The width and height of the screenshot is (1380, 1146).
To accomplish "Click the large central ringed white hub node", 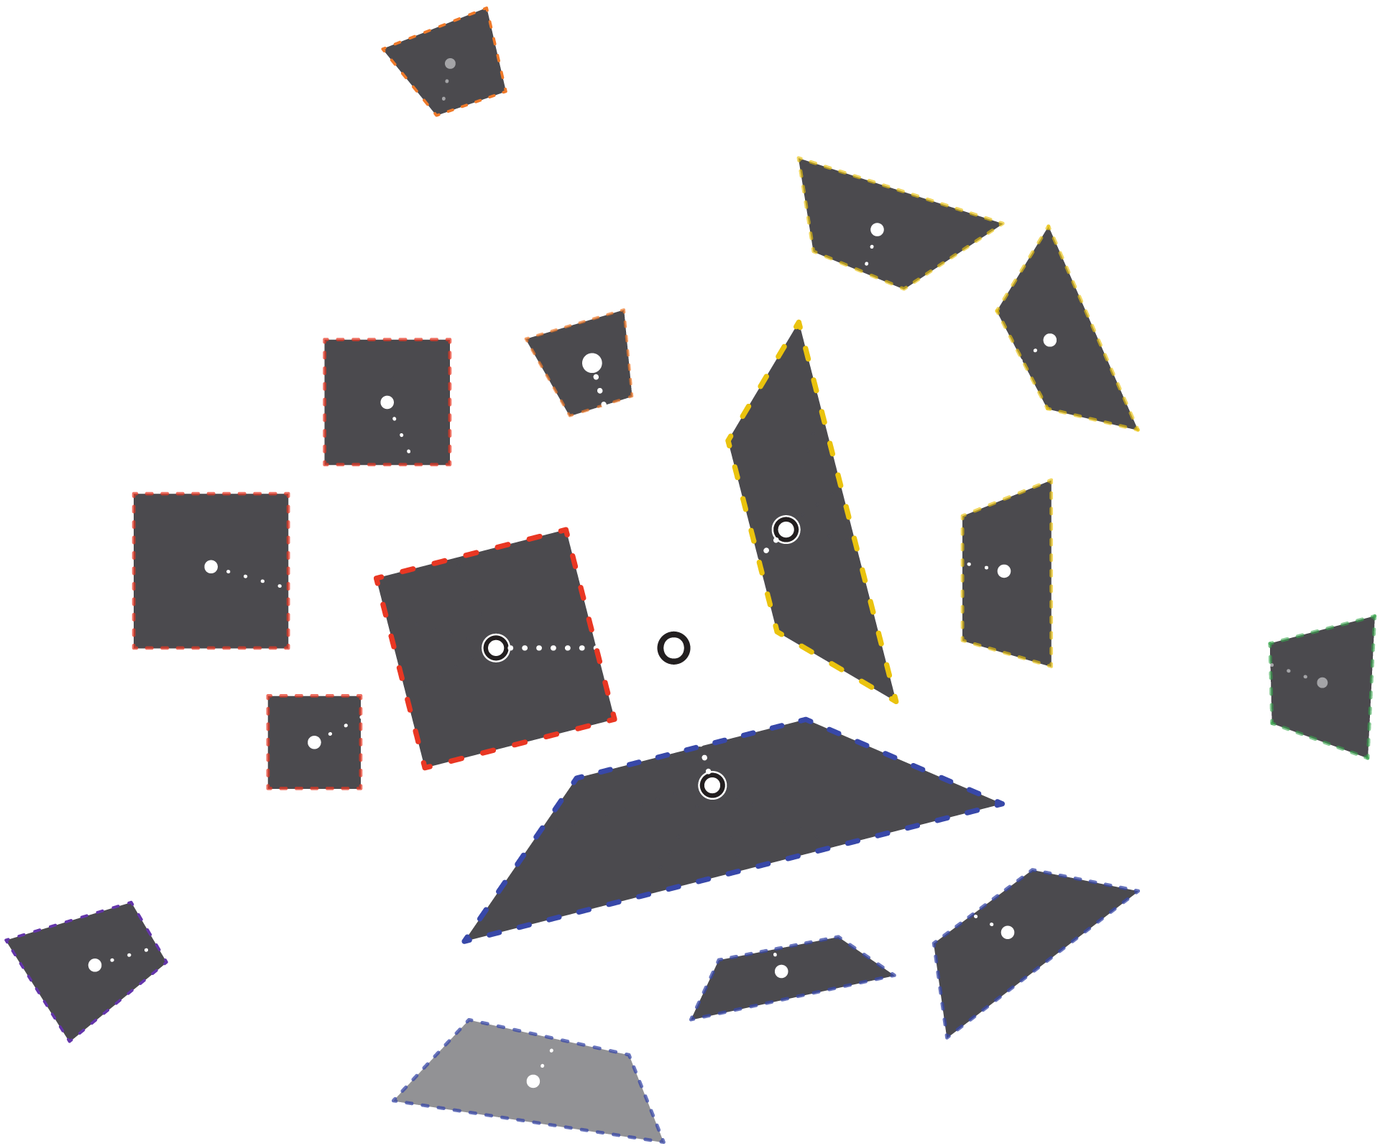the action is pos(673,648).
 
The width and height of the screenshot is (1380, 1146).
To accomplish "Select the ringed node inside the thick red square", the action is pos(496,648).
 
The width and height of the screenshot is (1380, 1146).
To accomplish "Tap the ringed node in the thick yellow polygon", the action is pos(786,530).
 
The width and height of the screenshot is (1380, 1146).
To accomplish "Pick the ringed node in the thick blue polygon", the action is pos(712,785).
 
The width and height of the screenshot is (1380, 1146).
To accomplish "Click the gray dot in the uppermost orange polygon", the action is pos(450,63).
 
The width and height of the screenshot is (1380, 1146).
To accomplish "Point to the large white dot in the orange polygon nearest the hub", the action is pos(592,363).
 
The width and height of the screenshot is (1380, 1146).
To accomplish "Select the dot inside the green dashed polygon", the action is pos(1322,683).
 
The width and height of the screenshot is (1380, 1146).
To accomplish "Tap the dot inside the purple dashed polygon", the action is pos(95,965).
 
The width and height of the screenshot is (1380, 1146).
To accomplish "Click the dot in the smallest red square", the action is pos(314,742).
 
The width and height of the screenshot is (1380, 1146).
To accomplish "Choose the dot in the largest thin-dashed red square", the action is pos(211,567).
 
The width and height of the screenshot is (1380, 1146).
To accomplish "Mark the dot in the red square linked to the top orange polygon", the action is pos(387,402).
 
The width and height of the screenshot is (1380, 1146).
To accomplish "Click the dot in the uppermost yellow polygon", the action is pos(877,229).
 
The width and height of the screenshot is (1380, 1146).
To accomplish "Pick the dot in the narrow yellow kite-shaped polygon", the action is pos(1049,340).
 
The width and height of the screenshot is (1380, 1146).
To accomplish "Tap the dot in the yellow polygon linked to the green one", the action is pos(1004,571).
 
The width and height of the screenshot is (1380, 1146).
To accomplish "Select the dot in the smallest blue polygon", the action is pos(781,971).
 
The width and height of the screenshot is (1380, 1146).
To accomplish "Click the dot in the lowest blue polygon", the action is pos(533,1081).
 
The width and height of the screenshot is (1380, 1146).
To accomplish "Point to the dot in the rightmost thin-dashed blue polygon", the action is pos(1008,932).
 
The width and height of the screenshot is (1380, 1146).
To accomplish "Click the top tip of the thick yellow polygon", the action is pos(799,323).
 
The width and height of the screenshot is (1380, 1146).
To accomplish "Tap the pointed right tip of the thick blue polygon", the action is pos(1002,804).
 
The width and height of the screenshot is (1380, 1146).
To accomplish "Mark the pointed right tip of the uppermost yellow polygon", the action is pos(1002,224).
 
